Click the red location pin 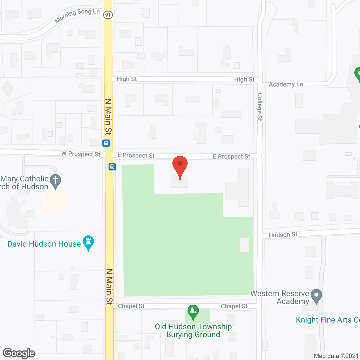click(x=180, y=166)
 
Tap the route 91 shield click(x=108, y=15)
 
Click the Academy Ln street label click(x=286, y=84)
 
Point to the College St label click(x=260, y=107)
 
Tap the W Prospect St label click(x=81, y=154)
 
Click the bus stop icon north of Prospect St click(x=106, y=143)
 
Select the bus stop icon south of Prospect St click(x=112, y=167)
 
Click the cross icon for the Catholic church click(x=55, y=181)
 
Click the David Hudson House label click(x=44, y=244)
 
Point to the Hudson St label click(x=283, y=235)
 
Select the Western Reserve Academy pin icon click(x=316, y=296)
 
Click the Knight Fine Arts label click(x=328, y=320)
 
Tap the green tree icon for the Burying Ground click(x=193, y=311)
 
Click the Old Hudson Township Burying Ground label click(x=193, y=330)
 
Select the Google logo click(x=19, y=353)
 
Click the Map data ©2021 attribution click(x=336, y=356)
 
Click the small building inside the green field click(x=244, y=244)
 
